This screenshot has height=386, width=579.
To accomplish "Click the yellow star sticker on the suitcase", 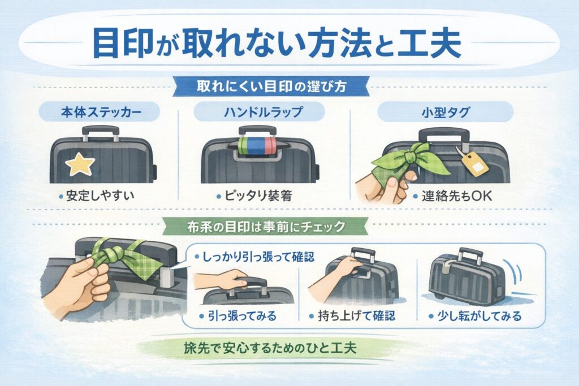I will point(80,164).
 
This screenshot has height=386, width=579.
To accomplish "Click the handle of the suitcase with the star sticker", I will point(100,131).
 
